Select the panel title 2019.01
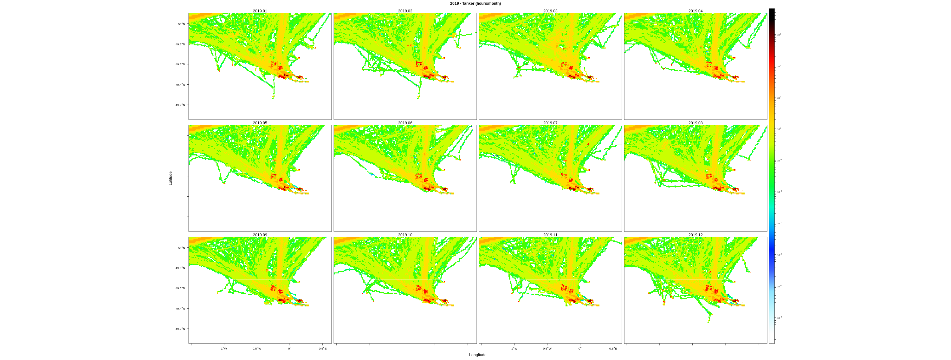pyautogui.click(x=260, y=11)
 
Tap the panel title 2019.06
pyautogui.click(x=405, y=123)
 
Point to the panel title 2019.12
pyautogui.click(x=695, y=235)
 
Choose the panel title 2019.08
pyautogui.click(x=695, y=123)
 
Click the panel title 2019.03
pyautogui.click(x=550, y=11)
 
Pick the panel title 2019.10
pyautogui.click(x=405, y=235)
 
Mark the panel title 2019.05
pyautogui.click(x=260, y=123)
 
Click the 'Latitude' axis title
pyautogui.click(x=171, y=178)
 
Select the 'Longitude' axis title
pyautogui.click(x=478, y=355)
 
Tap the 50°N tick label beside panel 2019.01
pyautogui.click(x=181, y=24)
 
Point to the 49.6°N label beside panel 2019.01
pyautogui.click(x=180, y=64)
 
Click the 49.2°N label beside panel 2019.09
pyautogui.click(x=180, y=329)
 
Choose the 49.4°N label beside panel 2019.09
pyautogui.click(x=180, y=308)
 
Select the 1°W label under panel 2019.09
pyautogui.click(x=224, y=349)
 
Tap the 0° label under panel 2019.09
pyautogui.click(x=290, y=349)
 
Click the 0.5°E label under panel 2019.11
pyautogui.click(x=613, y=349)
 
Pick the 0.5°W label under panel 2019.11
pyautogui.click(x=547, y=349)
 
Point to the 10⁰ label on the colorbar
pyautogui.click(x=779, y=129)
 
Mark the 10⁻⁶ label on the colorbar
pyautogui.click(x=779, y=318)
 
